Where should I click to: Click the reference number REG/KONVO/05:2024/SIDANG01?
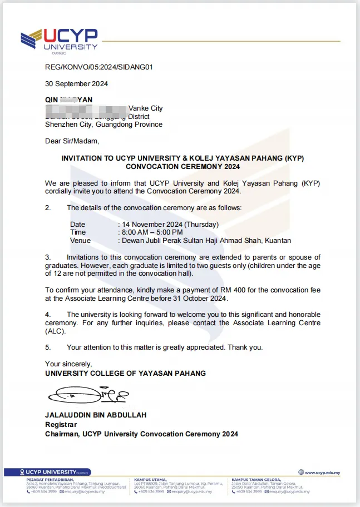point(98,67)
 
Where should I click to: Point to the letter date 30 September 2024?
point(76,84)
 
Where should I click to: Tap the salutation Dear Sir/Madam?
point(72,141)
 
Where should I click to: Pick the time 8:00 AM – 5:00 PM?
point(152,232)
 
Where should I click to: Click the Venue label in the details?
point(80,241)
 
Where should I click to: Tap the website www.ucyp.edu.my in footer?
point(322,473)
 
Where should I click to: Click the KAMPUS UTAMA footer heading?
point(150,479)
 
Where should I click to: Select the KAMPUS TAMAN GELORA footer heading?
point(256,479)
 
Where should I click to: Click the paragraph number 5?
point(48,347)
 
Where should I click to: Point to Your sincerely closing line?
point(69,364)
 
